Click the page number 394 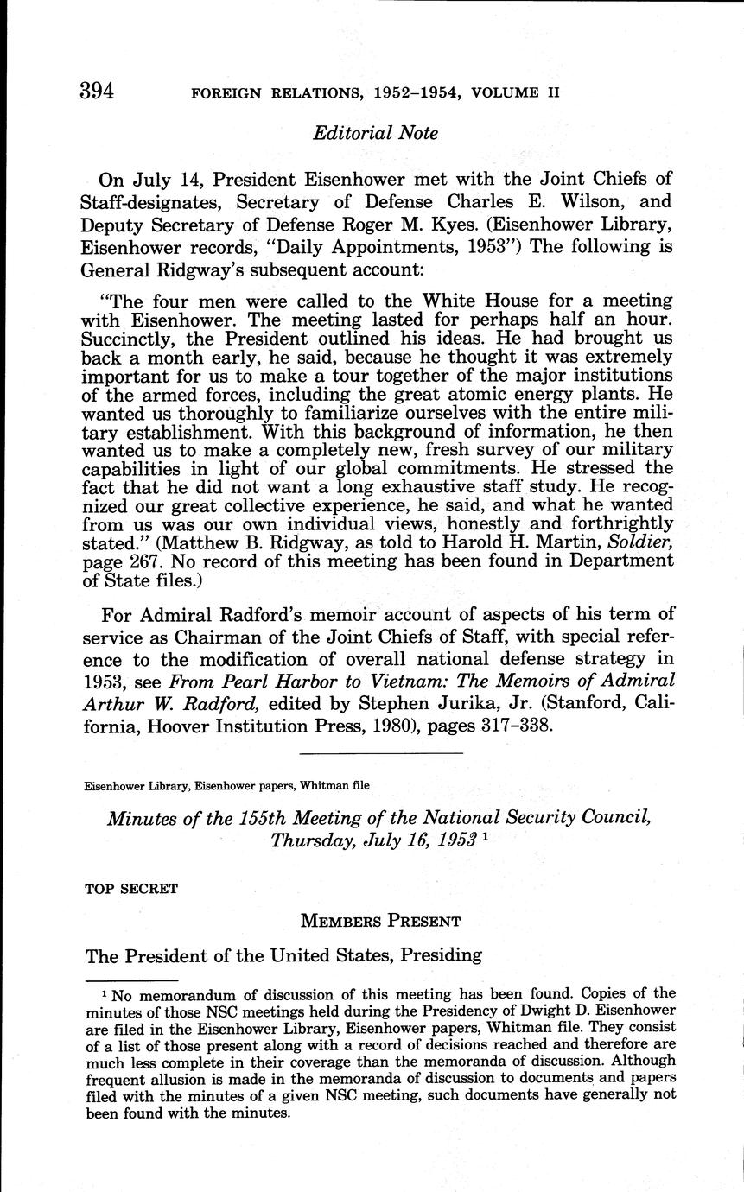point(97,91)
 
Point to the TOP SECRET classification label point(131,888)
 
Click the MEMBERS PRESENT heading point(380,921)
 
